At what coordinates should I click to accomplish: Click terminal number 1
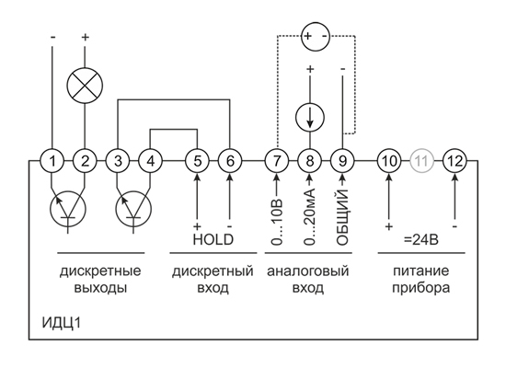(52, 161)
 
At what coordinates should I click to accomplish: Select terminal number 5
(197, 161)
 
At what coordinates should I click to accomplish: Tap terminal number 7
(277, 161)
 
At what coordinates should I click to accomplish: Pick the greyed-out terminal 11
(421, 161)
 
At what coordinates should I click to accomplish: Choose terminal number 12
(454, 161)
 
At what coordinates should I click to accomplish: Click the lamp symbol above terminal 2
(85, 86)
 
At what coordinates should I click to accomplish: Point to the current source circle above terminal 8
(310, 117)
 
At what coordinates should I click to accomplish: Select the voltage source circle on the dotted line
(316, 36)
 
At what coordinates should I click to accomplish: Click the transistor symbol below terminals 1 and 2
(68, 209)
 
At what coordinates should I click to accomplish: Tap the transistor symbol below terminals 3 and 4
(133, 209)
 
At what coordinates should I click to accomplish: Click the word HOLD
(213, 239)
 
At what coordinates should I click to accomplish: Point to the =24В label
(421, 240)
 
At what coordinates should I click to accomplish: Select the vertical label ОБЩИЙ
(342, 218)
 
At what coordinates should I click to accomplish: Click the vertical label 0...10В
(277, 223)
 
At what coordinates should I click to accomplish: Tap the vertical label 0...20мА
(310, 218)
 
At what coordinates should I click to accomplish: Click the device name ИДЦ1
(62, 323)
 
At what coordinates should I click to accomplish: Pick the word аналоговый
(308, 271)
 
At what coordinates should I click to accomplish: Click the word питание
(420, 271)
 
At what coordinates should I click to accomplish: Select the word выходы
(100, 288)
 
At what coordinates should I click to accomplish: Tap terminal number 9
(342, 161)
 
